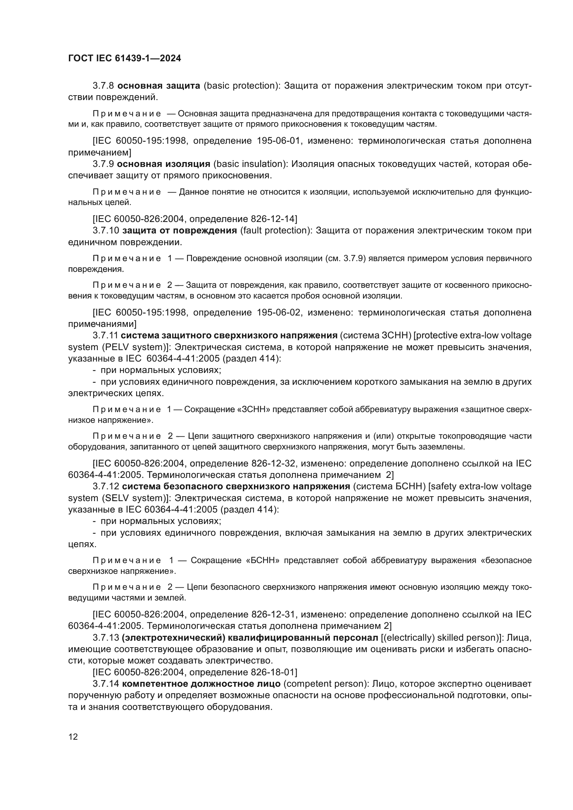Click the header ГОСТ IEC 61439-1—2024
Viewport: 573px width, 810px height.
point(124,59)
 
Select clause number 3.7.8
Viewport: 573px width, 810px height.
point(103,86)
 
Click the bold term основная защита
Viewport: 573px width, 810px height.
point(159,86)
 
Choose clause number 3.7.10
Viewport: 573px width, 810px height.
point(106,231)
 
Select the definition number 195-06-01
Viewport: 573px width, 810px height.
point(279,141)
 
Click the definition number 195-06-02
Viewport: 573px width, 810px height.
point(279,313)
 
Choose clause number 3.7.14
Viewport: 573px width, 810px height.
point(106,684)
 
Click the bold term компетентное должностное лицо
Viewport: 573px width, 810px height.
point(201,684)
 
